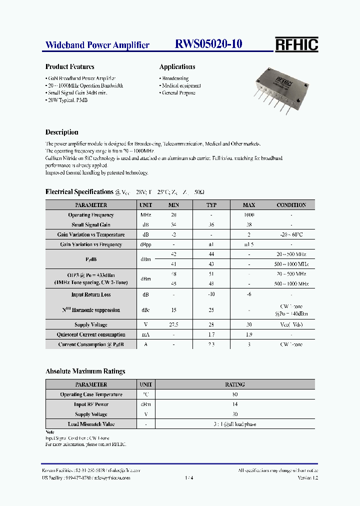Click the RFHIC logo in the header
pyautogui.click(x=296, y=44)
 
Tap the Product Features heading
pyautogui.click(x=69, y=66)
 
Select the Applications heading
pyautogui.click(x=177, y=66)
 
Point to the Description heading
pyautogui.click(x=61, y=132)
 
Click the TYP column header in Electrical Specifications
pyautogui.click(x=211, y=205)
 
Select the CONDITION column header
pyautogui.click(x=291, y=205)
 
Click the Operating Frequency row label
pyautogui.click(x=91, y=215)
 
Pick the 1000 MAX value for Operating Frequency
pyautogui.click(x=248, y=215)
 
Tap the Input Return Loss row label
pyautogui.click(x=91, y=295)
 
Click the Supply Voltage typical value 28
pyautogui.click(x=211, y=325)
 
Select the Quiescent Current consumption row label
pyautogui.click(x=91, y=335)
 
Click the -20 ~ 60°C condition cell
pyautogui.click(x=291, y=234)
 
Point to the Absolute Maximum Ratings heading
pyautogui.click(x=85, y=371)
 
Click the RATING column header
pyautogui.click(x=235, y=384)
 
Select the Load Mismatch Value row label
pyautogui.click(x=91, y=424)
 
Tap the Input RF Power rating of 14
pyautogui.click(x=235, y=404)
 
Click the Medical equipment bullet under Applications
pyautogui.click(x=181, y=86)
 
